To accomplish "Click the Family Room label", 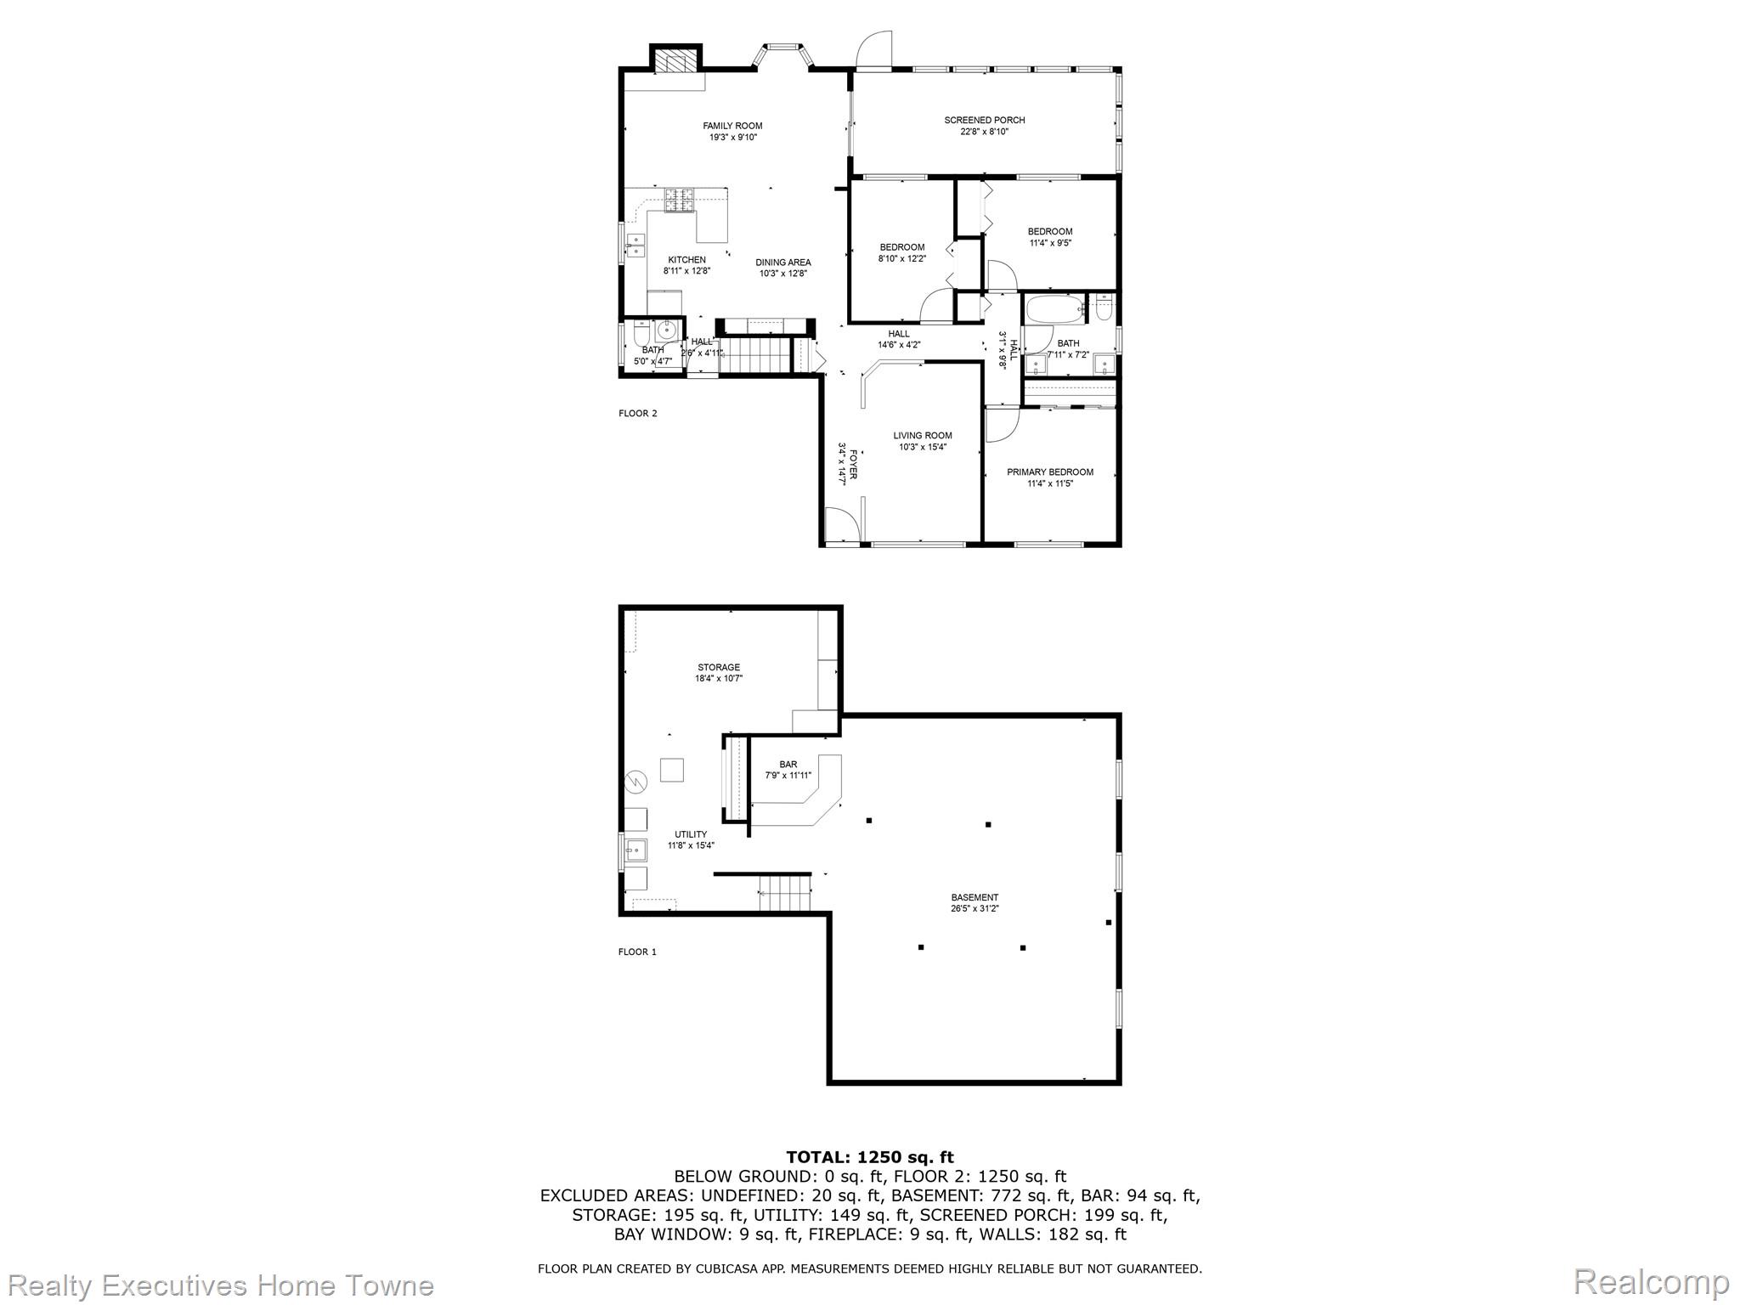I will pos(732,126).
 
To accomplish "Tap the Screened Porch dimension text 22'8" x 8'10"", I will pos(985,132).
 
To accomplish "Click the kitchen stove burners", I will pos(679,201).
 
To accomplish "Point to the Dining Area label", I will pos(783,263).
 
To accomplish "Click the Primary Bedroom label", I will pos(1050,472).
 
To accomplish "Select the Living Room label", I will pos(923,436).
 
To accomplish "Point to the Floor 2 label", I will pos(638,414).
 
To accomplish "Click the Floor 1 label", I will pos(637,952).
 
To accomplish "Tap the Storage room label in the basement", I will pos(719,668).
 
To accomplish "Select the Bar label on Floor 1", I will pos(788,765).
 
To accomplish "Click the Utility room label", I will pos(691,834).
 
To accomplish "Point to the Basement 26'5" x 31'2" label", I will pos(975,903).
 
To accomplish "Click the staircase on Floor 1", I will pos(786,894).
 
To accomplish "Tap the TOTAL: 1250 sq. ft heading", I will pos(870,1157).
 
